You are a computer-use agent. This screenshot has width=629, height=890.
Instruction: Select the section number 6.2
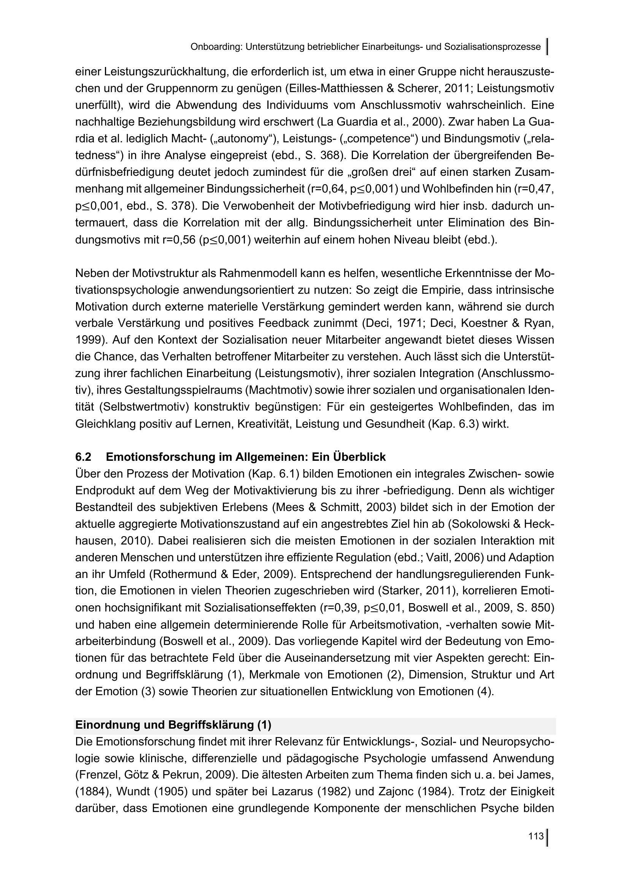pyautogui.click(x=83, y=457)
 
